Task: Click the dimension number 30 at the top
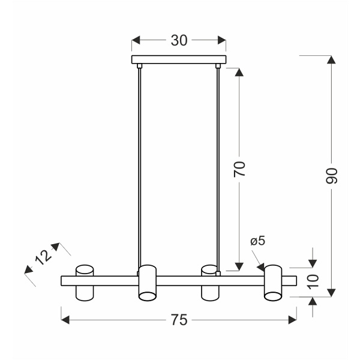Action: click(x=179, y=40)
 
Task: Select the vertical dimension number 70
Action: click(x=239, y=169)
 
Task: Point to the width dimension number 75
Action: click(x=179, y=320)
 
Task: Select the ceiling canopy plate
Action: click(x=179, y=59)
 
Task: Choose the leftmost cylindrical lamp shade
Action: click(x=84, y=282)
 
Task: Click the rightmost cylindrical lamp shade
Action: click(x=274, y=282)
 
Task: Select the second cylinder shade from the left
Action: click(x=147, y=282)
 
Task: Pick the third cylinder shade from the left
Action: click(x=210, y=282)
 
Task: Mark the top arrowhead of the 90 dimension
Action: click(x=331, y=59)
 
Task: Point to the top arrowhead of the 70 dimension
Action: click(x=239, y=72)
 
